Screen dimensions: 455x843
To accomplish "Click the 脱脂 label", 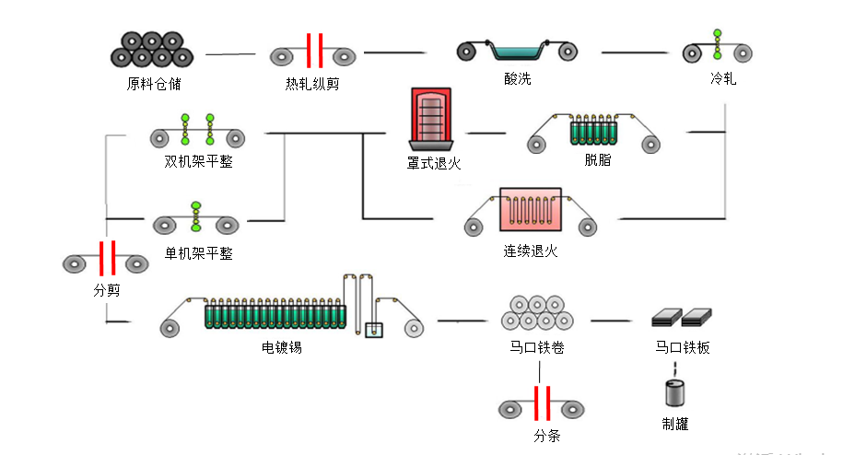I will tap(597, 159).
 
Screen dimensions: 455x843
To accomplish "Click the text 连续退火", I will tap(530, 251).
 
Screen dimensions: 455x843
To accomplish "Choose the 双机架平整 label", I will tap(197, 161).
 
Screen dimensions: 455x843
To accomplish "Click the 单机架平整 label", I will tap(198, 252).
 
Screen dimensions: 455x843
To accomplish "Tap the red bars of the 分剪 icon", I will tap(107, 259).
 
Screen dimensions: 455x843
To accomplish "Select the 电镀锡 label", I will tap(283, 347).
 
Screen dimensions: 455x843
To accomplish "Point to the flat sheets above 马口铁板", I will tap(682, 318).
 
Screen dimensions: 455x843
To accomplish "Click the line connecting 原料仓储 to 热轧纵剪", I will tap(230, 54).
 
